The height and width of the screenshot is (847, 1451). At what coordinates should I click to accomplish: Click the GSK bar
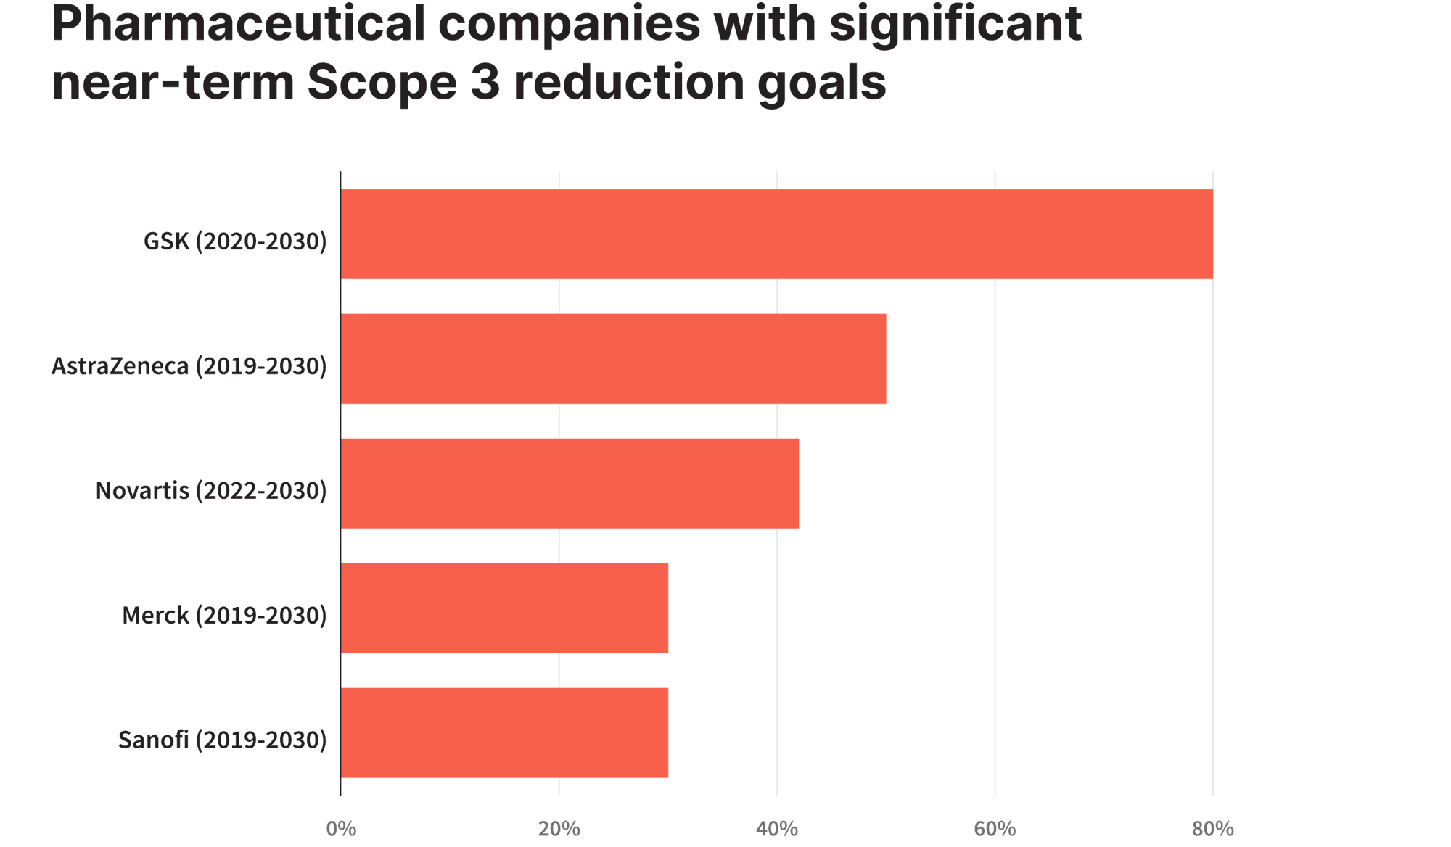[776, 234]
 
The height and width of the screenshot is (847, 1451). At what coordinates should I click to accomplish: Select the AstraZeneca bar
[613, 359]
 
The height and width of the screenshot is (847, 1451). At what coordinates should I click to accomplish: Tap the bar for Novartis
[570, 484]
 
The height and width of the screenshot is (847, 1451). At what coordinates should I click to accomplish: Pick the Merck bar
[504, 608]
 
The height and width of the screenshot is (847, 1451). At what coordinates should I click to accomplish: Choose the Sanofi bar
[504, 733]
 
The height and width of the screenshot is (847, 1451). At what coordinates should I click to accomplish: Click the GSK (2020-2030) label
[235, 241]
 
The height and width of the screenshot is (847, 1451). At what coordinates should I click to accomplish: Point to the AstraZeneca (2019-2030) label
[189, 366]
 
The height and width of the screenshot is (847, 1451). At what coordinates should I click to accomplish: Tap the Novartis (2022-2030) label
[211, 491]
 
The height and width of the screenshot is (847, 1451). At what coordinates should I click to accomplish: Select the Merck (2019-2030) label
[224, 616]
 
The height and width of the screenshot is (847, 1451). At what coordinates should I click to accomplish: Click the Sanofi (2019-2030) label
[223, 740]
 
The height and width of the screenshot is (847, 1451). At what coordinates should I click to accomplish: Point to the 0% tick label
[341, 829]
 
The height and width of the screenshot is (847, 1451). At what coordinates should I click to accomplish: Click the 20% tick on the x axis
[559, 829]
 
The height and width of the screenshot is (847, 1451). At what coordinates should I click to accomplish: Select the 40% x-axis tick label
[777, 829]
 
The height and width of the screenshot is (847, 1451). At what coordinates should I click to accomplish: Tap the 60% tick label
[995, 829]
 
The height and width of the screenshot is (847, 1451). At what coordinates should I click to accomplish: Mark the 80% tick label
[1213, 829]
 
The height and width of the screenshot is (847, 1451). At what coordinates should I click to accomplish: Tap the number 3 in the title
[485, 82]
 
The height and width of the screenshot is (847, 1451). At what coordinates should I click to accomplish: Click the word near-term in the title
[173, 83]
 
